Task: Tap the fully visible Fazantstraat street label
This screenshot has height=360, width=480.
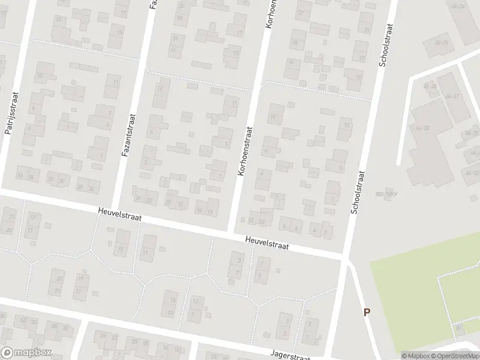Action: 127,136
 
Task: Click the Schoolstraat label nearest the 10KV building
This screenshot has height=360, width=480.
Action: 358,192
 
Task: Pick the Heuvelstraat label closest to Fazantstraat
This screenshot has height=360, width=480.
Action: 120,214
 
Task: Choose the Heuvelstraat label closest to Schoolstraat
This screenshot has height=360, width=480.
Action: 267,242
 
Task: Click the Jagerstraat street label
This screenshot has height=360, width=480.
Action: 290,356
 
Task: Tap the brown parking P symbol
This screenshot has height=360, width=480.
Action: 367,312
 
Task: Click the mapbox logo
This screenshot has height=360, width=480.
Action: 27,353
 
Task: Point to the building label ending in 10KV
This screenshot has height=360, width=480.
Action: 382,194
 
